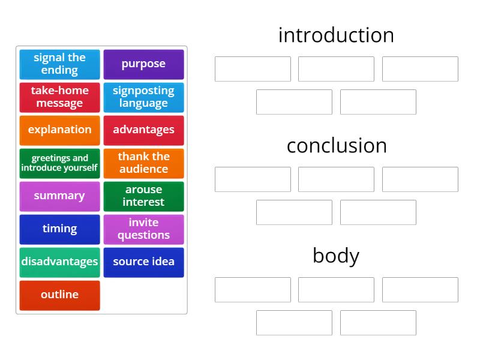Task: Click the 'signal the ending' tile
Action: coord(59,64)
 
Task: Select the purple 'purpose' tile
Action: coord(143,64)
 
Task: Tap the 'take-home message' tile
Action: coord(59,97)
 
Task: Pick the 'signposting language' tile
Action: coord(143,97)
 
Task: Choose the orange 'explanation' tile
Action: coord(59,130)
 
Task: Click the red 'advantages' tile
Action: coord(143,130)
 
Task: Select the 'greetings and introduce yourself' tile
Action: coord(59,163)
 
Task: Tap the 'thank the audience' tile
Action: coord(143,163)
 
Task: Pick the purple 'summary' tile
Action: coord(59,196)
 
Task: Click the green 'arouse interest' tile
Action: coord(143,196)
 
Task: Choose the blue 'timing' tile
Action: coord(59,229)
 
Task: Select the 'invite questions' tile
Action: coord(143,229)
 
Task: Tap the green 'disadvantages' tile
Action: coord(59,262)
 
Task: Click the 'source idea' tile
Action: coord(143,262)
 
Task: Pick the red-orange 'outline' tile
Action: coord(59,295)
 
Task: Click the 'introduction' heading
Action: coord(336,35)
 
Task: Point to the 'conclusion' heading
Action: coord(336,145)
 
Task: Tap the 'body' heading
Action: coord(336,256)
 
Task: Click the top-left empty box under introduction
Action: coord(253,69)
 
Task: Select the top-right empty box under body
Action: coord(420,290)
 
